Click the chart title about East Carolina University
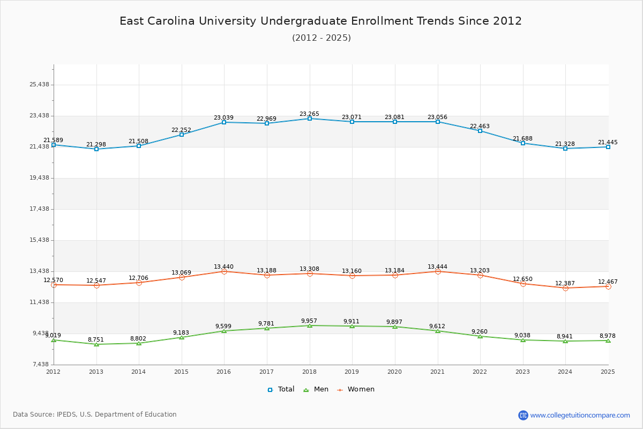(x=320, y=21)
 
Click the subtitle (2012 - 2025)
(x=322, y=38)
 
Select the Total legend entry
(x=281, y=389)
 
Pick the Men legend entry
(x=316, y=389)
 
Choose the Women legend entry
(x=356, y=389)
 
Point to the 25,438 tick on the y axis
(x=39, y=85)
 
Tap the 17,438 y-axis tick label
(x=39, y=209)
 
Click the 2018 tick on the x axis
(x=309, y=372)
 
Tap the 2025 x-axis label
(x=608, y=372)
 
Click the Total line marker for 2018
(x=310, y=119)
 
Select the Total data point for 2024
(x=565, y=149)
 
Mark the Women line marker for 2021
(x=438, y=271)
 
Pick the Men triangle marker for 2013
(x=96, y=344)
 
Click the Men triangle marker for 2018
(x=310, y=326)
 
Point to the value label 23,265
(x=309, y=114)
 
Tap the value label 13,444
(x=437, y=267)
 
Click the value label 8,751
(x=96, y=339)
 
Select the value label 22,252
(x=181, y=130)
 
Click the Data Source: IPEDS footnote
(x=95, y=415)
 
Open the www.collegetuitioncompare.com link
(x=580, y=415)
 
